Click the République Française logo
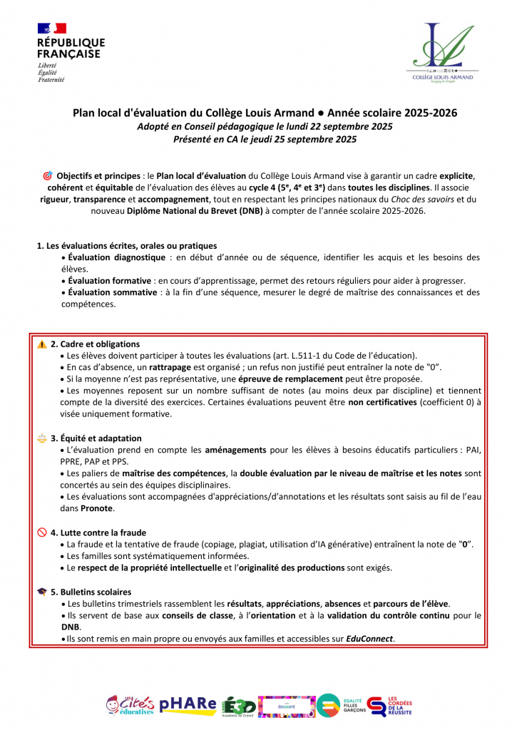70,52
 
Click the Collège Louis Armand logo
442,54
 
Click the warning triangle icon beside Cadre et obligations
42,344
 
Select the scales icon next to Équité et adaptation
42,438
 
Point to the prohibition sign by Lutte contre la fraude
42,532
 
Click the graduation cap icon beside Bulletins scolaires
42,592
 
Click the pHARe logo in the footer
188,704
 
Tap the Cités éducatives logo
130,704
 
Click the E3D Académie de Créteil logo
237,705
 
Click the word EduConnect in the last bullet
369,639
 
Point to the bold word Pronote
96,508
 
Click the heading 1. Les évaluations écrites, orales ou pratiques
126,246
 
